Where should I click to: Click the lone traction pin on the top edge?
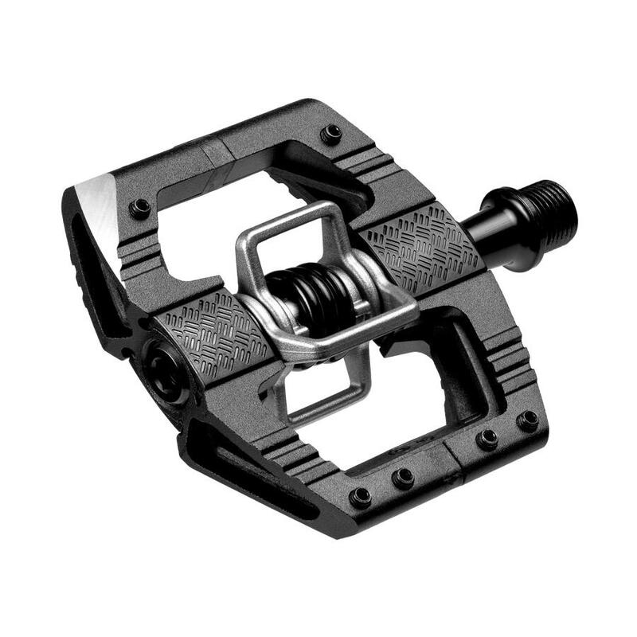pos(332,132)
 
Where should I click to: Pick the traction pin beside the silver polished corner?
pos(141,208)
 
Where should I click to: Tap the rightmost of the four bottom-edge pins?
pos(527,420)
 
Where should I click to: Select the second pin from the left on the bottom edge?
pos(404,478)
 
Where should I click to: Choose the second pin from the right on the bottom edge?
pos(487,438)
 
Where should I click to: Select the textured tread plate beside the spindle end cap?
pos(209,335)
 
